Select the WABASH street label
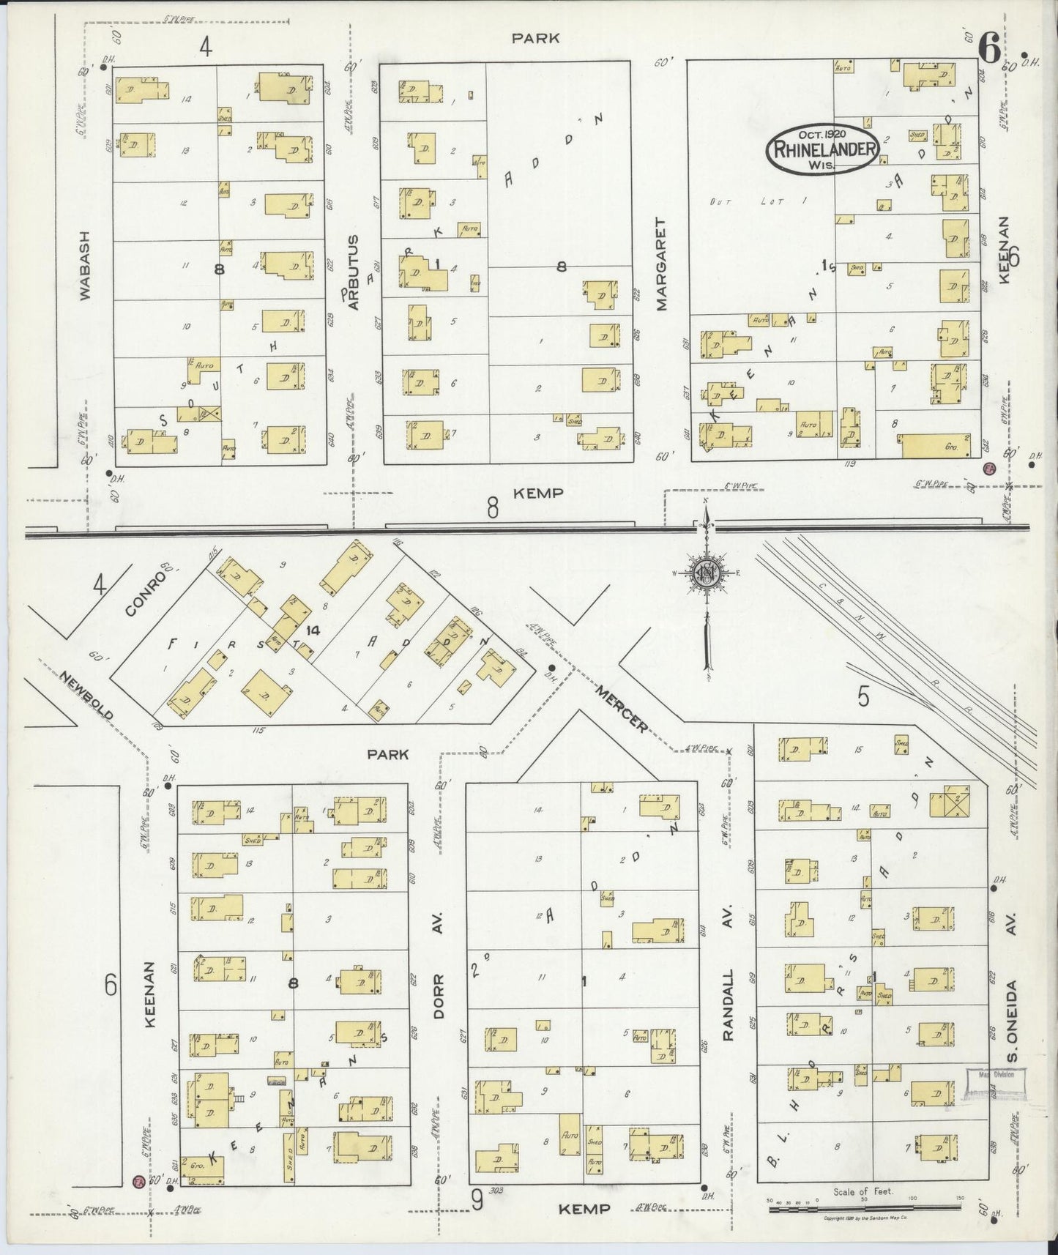point(85,266)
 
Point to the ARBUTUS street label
point(354,272)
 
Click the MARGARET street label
point(662,264)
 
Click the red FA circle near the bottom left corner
point(137,1181)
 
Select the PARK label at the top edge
point(535,38)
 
